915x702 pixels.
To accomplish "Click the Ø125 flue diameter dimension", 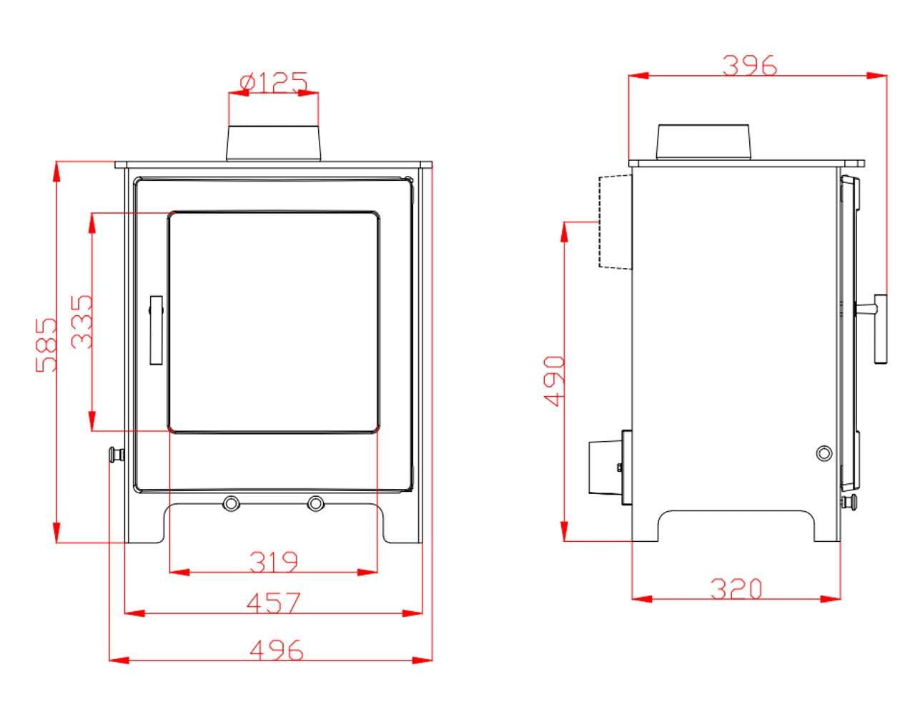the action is [x=273, y=82].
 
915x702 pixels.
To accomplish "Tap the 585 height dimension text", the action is [x=46, y=345].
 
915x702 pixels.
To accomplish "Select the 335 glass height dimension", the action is [x=81, y=322].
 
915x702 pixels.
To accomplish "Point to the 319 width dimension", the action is [x=273, y=561].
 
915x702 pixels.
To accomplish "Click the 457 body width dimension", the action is [x=273, y=603].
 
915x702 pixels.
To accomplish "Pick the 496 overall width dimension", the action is [x=276, y=651].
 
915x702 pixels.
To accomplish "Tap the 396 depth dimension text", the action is [x=750, y=66].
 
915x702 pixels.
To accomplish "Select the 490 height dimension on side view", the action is [x=554, y=381].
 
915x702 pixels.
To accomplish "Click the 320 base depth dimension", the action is [x=736, y=589].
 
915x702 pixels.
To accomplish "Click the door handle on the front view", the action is [x=157, y=330].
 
